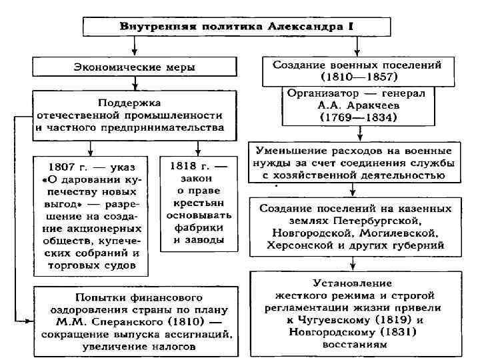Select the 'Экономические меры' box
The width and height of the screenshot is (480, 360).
[134, 66]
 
